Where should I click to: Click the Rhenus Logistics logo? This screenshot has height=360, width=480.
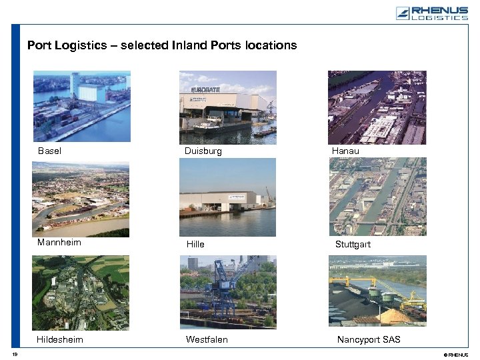point(432,13)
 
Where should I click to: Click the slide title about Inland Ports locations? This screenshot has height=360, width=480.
point(162,46)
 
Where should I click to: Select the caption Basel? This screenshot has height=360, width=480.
point(49,151)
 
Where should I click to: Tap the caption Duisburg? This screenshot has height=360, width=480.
point(203,151)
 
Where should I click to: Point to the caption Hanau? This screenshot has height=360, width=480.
point(345,151)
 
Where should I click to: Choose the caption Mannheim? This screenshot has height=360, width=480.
point(59,243)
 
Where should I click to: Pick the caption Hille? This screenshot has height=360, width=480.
point(195,245)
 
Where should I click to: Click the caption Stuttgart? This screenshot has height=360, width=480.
point(353,245)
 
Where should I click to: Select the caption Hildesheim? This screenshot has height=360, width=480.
point(60,340)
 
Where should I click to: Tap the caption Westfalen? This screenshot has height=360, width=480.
point(207,340)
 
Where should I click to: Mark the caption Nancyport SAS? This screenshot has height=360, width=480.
point(369,340)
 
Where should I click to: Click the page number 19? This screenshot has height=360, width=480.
point(15,354)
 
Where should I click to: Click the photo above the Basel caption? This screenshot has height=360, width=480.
point(82,107)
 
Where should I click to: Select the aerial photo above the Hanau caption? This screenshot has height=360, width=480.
point(377,107)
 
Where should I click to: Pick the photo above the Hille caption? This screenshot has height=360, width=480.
point(227,197)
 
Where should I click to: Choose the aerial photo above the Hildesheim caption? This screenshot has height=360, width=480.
point(81,293)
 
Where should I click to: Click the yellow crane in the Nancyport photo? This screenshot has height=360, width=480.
point(400,283)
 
